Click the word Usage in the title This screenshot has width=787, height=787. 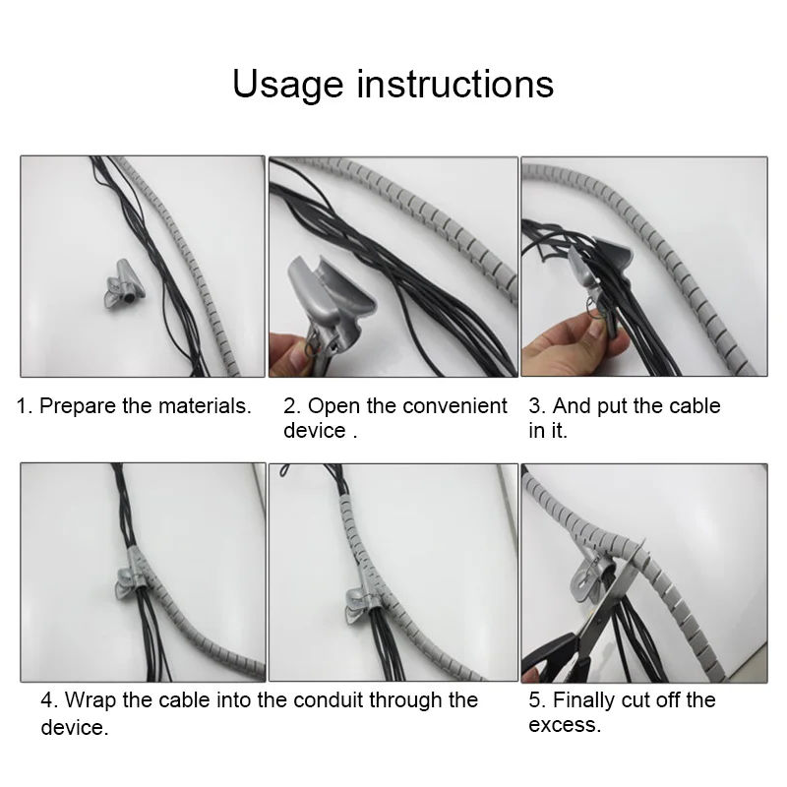pos(288,86)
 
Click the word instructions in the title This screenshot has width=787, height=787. pos(455,84)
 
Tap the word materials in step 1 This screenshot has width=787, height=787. pos(205,405)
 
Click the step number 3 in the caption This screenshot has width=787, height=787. pos(535,405)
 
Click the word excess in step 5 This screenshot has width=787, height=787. pos(564,725)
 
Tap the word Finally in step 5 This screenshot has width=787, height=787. pos(583,700)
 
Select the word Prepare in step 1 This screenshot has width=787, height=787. pos(78,406)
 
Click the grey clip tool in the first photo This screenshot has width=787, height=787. pos(124,284)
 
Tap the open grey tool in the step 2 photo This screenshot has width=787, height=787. pos(329,301)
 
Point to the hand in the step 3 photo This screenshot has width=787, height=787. pos(568,341)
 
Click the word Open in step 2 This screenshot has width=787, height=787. pos(333,406)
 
